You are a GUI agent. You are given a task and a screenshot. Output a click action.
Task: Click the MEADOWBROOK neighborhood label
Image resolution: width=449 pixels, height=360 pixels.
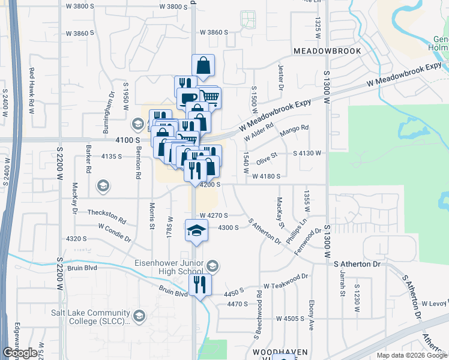[x=327, y=52]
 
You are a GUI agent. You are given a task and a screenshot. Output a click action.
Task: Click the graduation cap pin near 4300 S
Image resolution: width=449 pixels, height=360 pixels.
[x=196, y=231]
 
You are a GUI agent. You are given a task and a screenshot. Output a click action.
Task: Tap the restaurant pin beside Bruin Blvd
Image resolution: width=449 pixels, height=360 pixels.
[x=199, y=284]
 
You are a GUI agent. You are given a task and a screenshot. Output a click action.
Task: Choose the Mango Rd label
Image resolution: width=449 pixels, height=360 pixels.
[x=297, y=128]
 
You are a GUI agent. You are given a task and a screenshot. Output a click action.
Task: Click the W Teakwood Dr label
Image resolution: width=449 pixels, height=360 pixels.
[x=285, y=281]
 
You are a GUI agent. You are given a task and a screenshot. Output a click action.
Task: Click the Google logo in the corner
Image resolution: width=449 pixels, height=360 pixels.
[x=20, y=353]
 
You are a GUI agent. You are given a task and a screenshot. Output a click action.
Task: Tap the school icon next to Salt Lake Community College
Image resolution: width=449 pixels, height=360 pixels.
[x=139, y=316]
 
